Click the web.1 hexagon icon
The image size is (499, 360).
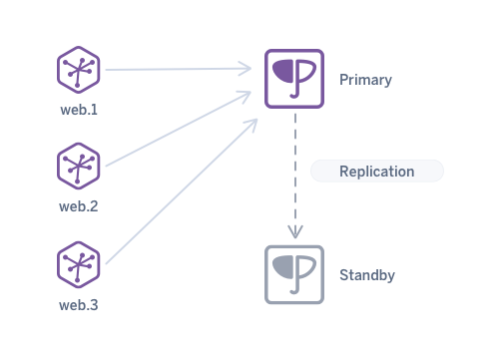click(79, 71)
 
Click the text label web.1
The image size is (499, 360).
click(79, 109)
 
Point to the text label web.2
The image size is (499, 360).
click(79, 206)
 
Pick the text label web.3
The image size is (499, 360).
click(79, 304)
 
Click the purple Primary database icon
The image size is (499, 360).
click(294, 79)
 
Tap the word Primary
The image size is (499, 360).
click(365, 79)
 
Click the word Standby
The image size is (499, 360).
click(368, 274)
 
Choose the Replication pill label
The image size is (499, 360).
click(376, 172)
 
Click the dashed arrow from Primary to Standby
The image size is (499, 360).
click(294, 170)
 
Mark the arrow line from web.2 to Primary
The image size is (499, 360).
click(175, 131)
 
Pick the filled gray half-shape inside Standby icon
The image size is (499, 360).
click(283, 265)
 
